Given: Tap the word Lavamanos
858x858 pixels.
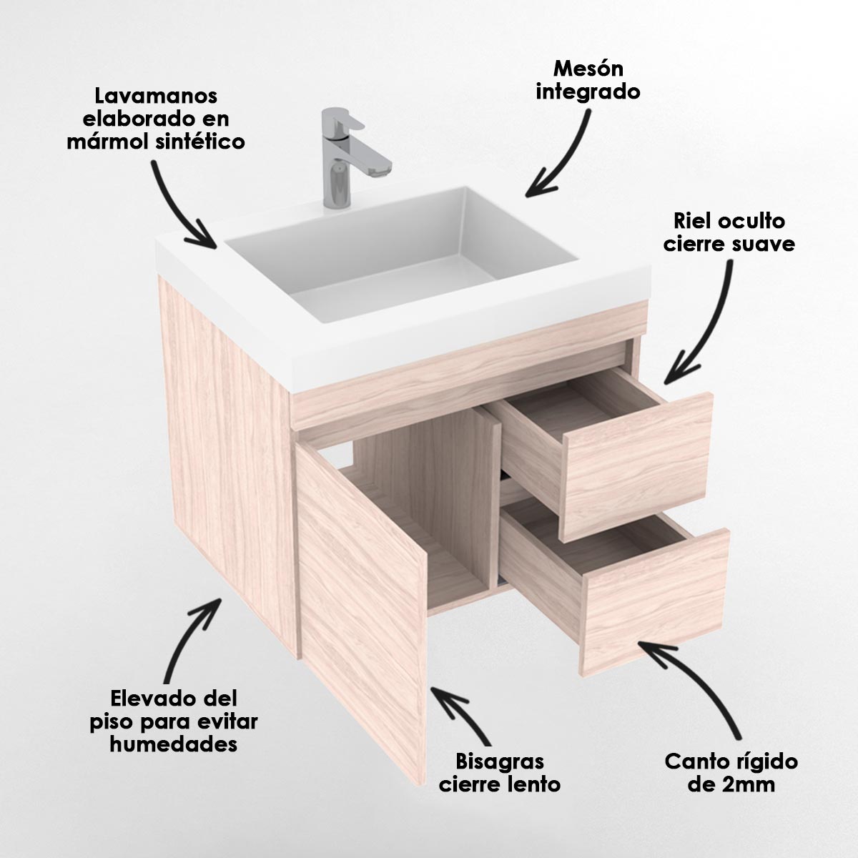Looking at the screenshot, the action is tap(156, 96).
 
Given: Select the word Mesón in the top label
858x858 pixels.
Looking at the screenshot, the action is tap(588, 69).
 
